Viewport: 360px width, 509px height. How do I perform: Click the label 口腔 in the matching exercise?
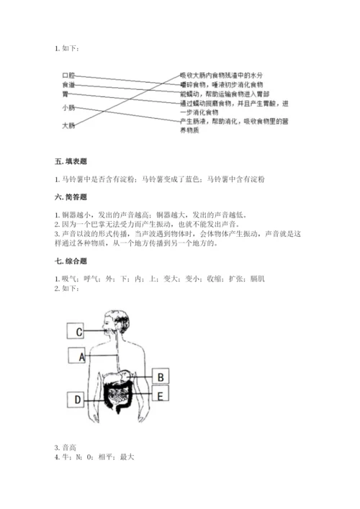(68, 75)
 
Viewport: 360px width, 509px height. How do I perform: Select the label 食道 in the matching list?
(68, 84)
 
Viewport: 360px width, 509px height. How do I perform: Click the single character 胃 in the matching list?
(66, 94)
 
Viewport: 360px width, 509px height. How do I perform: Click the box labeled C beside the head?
(76, 332)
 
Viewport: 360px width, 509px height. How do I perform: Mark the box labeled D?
(76, 398)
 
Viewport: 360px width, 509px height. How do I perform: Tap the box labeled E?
(161, 395)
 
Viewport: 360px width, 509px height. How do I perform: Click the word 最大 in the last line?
(127, 457)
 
